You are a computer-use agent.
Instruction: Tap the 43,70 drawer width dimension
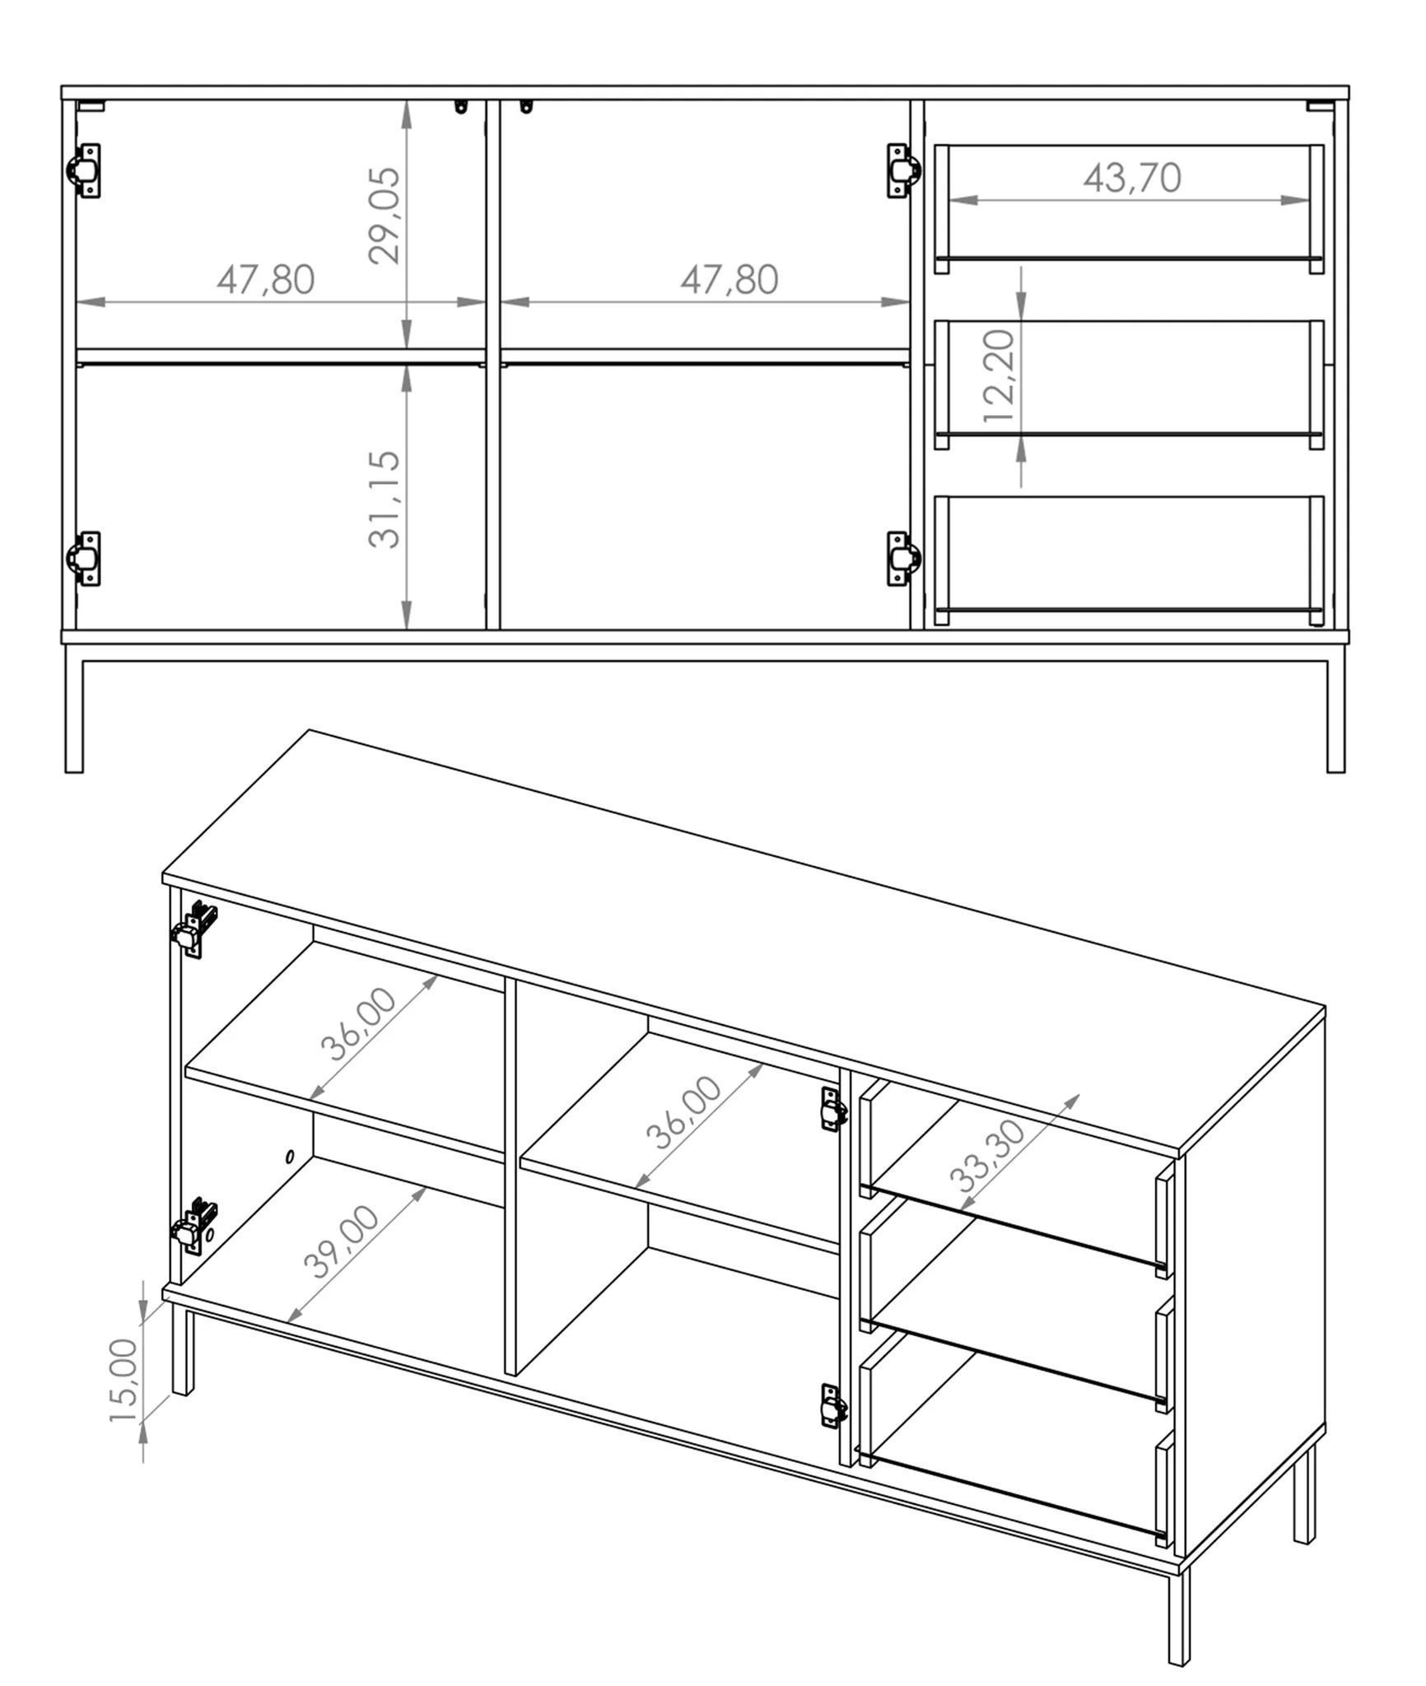point(1132,178)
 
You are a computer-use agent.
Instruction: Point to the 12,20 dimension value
point(1000,376)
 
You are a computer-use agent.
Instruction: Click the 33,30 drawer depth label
point(988,1157)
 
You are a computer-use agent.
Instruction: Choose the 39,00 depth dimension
point(342,1241)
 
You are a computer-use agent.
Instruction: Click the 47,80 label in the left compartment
point(266,280)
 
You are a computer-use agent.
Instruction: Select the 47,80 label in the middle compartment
point(729,280)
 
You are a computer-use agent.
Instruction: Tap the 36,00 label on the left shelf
point(358,1023)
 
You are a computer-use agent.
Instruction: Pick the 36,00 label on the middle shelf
point(683,1113)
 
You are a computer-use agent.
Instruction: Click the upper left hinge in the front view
point(83,170)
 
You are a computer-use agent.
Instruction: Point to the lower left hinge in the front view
point(83,558)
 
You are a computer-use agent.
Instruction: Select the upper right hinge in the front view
point(903,170)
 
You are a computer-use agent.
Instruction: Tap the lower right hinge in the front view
point(903,558)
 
